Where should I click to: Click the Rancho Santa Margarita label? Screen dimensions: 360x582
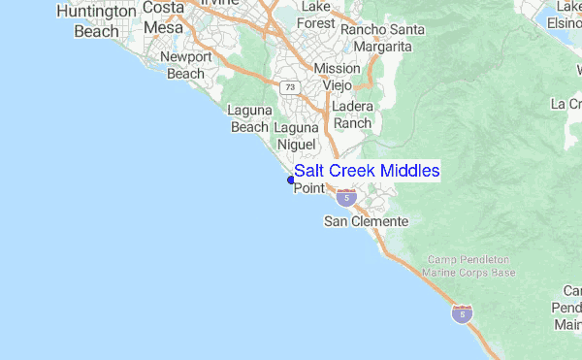pos(382,37)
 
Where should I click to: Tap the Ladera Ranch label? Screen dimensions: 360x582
pos(351,115)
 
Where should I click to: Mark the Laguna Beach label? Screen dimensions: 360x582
pos(248,118)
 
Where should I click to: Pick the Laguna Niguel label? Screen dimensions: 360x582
pos(297,136)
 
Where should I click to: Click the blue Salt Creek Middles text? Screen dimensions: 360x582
pos(367,171)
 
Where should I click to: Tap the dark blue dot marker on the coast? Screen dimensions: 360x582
pos(290,180)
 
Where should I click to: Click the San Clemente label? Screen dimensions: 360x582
pos(366,222)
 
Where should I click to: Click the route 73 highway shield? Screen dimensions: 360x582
pos(290,87)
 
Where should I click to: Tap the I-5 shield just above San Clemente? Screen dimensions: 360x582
pos(347,198)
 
